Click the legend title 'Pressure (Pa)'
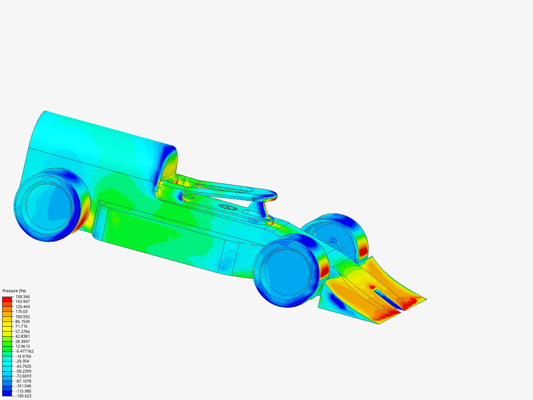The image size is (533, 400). point(14,291)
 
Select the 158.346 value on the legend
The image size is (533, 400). point(23,297)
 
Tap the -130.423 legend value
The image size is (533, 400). point(23,396)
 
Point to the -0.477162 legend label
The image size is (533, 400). point(24,351)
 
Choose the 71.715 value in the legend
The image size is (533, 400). point(21,326)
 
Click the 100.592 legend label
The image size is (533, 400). point(23,316)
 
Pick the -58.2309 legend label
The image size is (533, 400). point(23,371)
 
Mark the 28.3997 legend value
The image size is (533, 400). point(23,341)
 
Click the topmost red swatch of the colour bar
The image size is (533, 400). point(7,299)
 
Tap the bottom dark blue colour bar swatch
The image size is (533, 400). point(7,393)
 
